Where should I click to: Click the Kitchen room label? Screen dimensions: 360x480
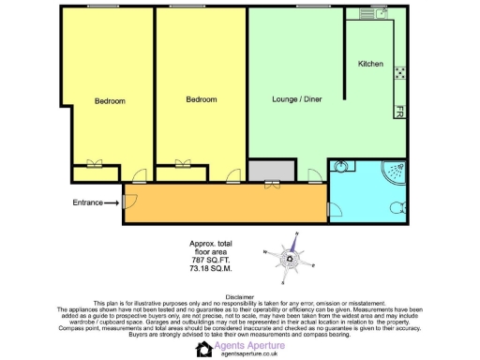point(371,64)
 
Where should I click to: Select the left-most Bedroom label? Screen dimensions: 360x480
point(110,100)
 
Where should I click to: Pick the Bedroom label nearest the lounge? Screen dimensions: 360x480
point(201,98)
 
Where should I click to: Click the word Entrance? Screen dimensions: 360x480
point(87,202)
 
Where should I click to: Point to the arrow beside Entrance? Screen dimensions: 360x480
point(112,202)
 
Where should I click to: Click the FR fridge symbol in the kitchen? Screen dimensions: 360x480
point(399,111)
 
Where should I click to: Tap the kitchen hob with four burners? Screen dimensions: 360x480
point(400,71)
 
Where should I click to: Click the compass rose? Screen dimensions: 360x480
point(293,257)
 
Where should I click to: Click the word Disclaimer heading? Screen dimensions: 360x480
point(240,296)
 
